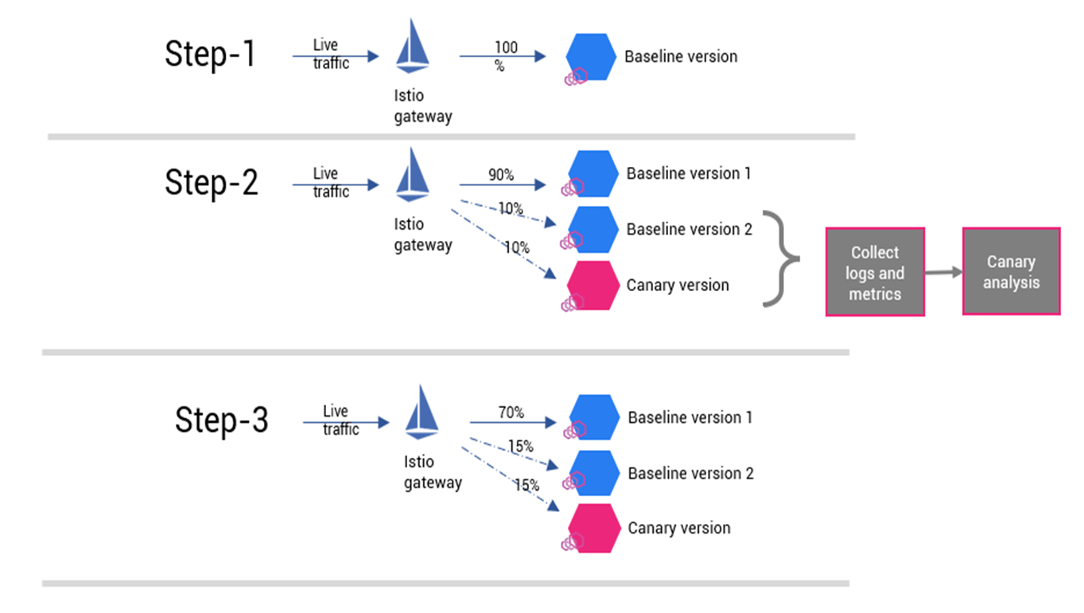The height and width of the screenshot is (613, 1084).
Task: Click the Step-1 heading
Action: [x=211, y=55]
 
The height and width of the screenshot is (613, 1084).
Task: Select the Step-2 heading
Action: [x=212, y=183]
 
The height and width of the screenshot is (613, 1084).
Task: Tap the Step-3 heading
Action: [x=222, y=420]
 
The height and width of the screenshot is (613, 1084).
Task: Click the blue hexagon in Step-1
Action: [x=591, y=56]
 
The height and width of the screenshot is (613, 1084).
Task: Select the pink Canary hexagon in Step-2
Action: [x=593, y=285]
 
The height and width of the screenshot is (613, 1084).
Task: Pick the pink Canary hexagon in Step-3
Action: [x=594, y=528]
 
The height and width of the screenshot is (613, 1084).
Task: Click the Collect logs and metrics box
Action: [x=875, y=273]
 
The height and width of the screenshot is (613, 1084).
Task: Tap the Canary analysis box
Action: [x=1011, y=272]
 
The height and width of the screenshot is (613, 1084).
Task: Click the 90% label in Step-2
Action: [x=501, y=174]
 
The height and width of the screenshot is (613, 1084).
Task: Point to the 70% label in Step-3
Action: [x=511, y=413]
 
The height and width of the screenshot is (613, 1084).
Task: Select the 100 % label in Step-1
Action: [x=505, y=56]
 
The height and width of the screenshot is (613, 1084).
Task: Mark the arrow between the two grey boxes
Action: [x=943, y=272]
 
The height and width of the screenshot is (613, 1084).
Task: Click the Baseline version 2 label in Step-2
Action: [x=689, y=229]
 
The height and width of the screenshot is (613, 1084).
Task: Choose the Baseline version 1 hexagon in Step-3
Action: [x=595, y=418]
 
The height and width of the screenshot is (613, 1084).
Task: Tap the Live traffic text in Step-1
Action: [x=330, y=55]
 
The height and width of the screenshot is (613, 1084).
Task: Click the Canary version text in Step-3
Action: [x=678, y=528]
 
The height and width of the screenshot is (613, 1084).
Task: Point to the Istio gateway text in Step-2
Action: [x=422, y=235]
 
